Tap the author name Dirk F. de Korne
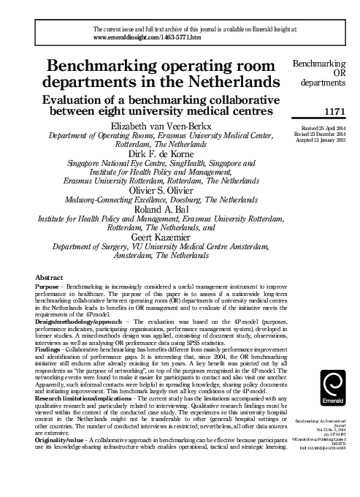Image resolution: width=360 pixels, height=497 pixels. [x=153, y=155]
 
